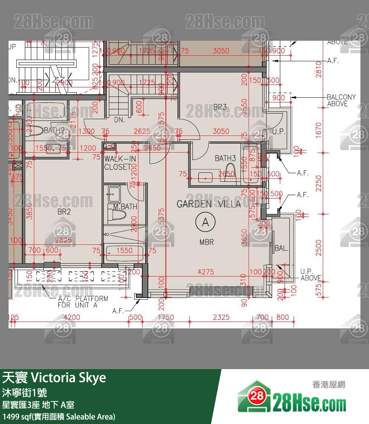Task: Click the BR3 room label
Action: pyautogui.click(x=220, y=107)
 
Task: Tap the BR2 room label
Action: pyautogui.click(x=64, y=212)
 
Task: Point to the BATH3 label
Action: pyautogui.click(x=225, y=159)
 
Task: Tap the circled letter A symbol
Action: pyautogui.click(x=205, y=222)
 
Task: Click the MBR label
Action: pyautogui.click(x=207, y=242)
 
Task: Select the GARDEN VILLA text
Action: pyautogui.click(x=209, y=204)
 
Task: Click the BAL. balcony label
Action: pyautogui.click(x=282, y=248)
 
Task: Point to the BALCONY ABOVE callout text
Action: pyautogui.click(x=341, y=100)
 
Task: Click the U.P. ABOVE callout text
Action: pyautogui.click(x=311, y=274)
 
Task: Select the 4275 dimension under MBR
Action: pyautogui.click(x=206, y=271)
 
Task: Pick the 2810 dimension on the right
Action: pyautogui.click(x=318, y=69)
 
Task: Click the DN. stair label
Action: pyautogui.click(x=119, y=120)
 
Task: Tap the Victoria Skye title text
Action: pyautogui.click(x=54, y=378)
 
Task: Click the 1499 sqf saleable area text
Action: pyautogui.click(x=59, y=416)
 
